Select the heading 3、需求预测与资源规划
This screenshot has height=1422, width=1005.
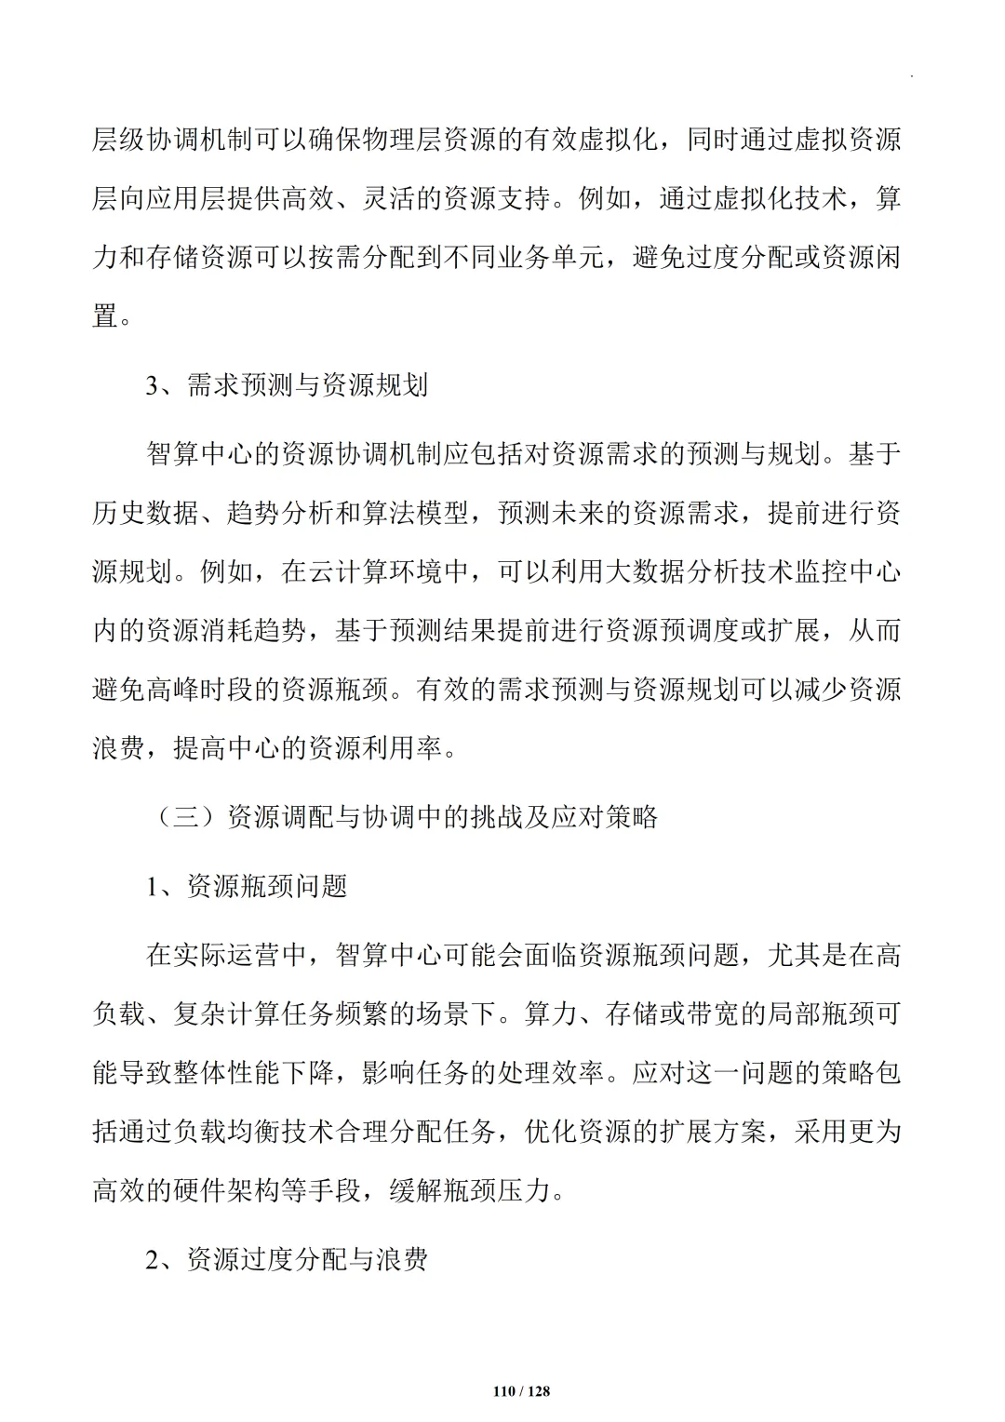point(287,384)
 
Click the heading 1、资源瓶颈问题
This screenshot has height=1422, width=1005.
point(247,885)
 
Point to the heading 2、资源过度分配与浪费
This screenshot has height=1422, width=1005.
point(287,1259)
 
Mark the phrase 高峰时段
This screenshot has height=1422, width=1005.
point(201,690)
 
